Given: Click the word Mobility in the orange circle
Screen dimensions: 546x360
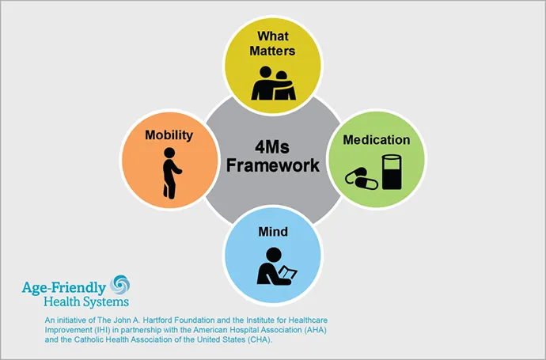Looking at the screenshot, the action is tap(169, 135).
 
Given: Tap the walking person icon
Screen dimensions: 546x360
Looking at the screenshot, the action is tap(172, 173).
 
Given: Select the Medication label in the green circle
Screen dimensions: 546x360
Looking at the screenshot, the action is tap(377, 140).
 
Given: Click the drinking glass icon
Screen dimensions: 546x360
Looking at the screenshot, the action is tap(392, 172).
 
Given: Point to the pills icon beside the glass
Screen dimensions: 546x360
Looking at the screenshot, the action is tap(362, 179).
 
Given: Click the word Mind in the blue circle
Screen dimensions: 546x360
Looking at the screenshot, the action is tap(273, 232).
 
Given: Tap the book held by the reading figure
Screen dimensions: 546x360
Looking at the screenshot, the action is tap(287, 273).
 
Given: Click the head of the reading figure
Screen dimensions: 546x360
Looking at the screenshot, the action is tap(274, 255).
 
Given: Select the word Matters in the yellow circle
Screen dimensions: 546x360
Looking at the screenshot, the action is tap(272, 51).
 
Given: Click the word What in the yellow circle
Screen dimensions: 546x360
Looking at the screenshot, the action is tap(273, 36).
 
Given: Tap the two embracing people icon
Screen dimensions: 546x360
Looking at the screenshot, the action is tap(273, 83).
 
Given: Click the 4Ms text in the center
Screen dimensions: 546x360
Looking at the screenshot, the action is tap(272, 147).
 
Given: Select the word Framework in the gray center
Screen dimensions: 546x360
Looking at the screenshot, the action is tap(273, 165).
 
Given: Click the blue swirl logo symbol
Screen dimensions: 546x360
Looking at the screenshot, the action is tap(119, 285).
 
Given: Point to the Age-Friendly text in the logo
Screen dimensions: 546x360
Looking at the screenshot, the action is tap(64, 289).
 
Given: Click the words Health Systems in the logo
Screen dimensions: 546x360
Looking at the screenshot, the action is tap(86, 302).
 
